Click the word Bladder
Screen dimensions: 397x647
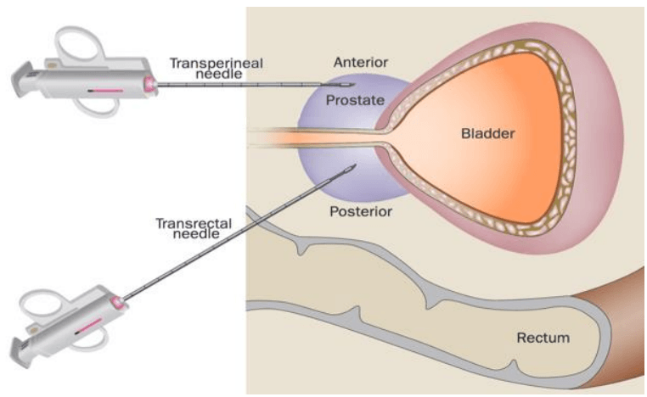tap(488, 133)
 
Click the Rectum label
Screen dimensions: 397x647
tap(543, 338)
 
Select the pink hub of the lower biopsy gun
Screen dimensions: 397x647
tap(116, 302)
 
